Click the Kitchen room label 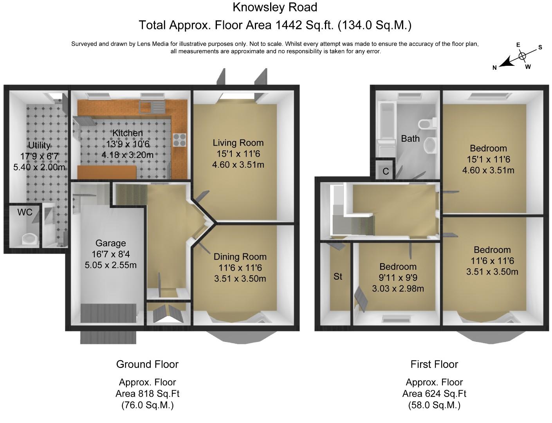coord(128,133)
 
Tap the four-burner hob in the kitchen coord(180,140)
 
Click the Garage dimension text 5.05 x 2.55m coord(110,265)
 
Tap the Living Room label coord(238,143)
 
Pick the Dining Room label coord(240,257)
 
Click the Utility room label coord(39,145)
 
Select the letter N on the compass coord(494,68)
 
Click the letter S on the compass coord(540,47)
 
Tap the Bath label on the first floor coord(410,139)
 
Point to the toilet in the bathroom coord(427,124)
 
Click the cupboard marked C coord(385,169)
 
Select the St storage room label coord(338,277)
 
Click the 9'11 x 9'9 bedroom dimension coord(398,277)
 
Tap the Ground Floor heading coord(147,364)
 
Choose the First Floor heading coord(435,364)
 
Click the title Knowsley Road coord(275,7)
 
